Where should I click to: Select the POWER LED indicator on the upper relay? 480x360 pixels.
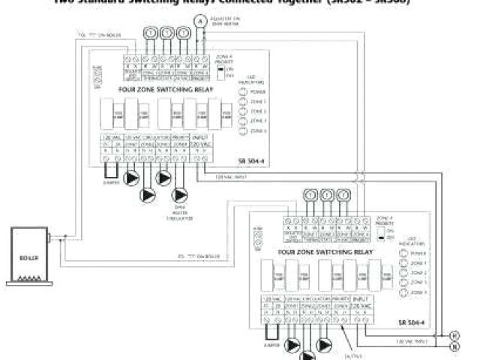[243, 92]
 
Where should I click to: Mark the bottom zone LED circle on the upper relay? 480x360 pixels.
[243, 130]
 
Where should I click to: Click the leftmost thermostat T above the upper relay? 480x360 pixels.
[150, 34]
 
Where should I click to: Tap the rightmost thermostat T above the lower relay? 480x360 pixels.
[343, 195]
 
